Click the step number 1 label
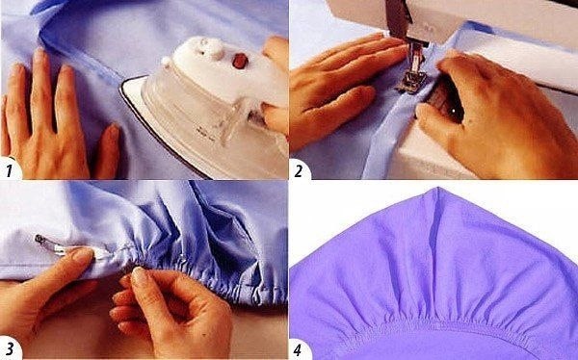pyautogui.click(x=9, y=170)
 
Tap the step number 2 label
pyautogui.click(x=298, y=171)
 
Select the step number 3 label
pyautogui.click(x=10, y=349)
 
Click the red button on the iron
pyautogui.click(x=239, y=61)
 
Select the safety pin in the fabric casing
pyautogui.click(x=55, y=245)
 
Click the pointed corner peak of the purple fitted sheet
pyautogui.click(x=437, y=189)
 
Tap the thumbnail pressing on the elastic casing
pyautogui.click(x=83, y=255)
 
